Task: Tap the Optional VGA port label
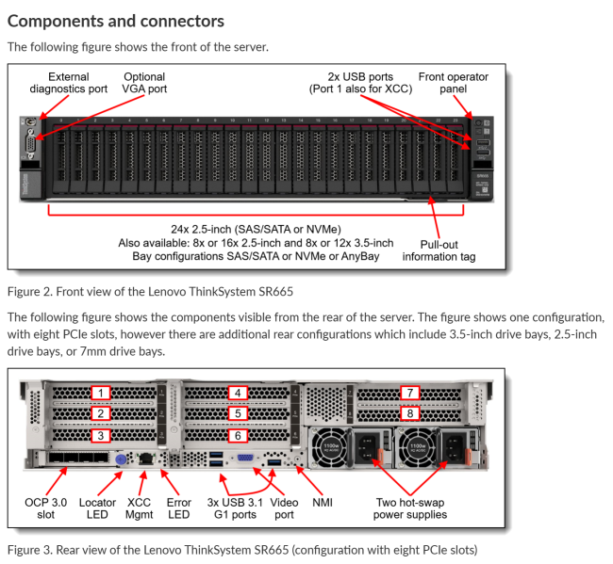(x=144, y=83)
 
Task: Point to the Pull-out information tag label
(x=439, y=250)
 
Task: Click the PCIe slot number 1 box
(x=101, y=393)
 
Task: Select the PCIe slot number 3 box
(x=101, y=435)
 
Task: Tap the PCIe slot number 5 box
(x=240, y=413)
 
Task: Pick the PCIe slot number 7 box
(x=410, y=393)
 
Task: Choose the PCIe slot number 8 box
(x=410, y=412)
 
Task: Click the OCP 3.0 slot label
(x=45, y=508)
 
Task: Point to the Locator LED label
(x=98, y=508)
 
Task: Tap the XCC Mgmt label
(x=139, y=508)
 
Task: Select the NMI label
(x=322, y=502)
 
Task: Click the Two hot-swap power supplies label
(x=410, y=508)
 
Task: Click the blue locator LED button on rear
(x=121, y=460)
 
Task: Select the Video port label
(x=284, y=508)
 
